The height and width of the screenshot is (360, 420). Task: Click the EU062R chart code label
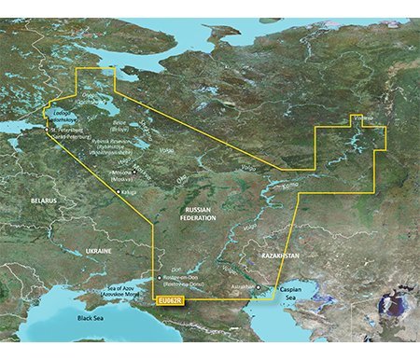click(x=170, y=299)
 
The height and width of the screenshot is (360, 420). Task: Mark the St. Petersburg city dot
click(x=49, y=129)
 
